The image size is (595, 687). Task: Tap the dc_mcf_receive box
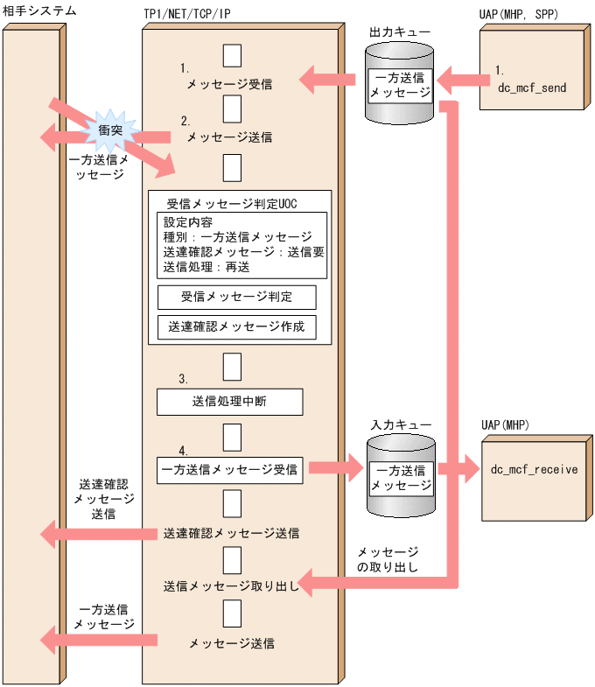click(533, 470)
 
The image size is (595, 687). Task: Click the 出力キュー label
click(400, 32)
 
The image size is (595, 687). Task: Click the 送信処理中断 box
click(229, 403)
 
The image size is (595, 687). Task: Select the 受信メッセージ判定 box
click(236, 297)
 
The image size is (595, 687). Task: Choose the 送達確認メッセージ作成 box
click(236, 327)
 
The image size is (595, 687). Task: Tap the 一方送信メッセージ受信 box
click(229, 469)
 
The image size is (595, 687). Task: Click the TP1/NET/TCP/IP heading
click(192, 15)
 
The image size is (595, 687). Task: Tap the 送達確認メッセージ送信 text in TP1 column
click(231, 532)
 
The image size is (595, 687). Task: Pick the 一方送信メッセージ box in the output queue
click(400, 85)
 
